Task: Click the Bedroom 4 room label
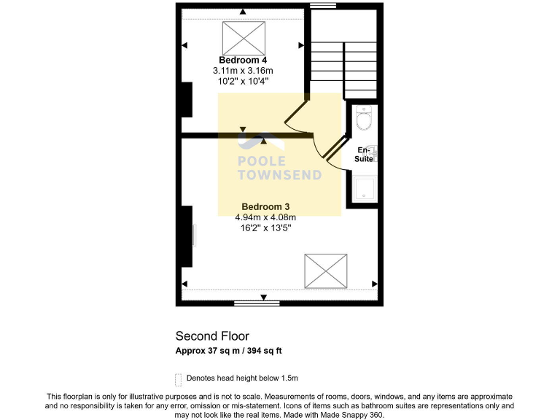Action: (x=243, y=60)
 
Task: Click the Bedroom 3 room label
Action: (x=265, y=206)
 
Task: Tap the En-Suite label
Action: (x=364, y=154)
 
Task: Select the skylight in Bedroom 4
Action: (x=243, y=35)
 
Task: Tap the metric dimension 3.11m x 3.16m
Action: (x=243, y=71)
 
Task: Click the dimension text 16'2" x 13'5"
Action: (x=265, y=227)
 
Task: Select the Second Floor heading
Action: (x=212, y=336)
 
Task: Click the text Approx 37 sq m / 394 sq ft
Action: (x=228, y=351)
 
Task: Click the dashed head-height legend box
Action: (x=179, y=379)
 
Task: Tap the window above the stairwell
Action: (x=322, y=6)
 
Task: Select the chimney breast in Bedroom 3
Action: (x=187, y=236)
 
